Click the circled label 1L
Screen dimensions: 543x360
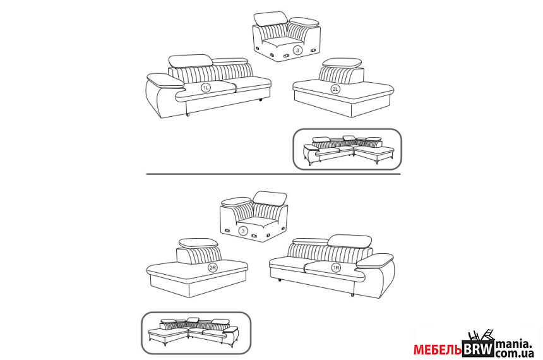[x=206, y=88]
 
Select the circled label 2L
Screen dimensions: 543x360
[x=335, y=90]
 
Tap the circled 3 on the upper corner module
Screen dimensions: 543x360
[x=297, y=51]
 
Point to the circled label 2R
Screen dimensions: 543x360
[x=213, y=268]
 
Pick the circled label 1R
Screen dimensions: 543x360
[x=336, y=268]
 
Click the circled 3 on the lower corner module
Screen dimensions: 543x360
[x=243, y=231]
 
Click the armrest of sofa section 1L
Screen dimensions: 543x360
[x=165, y=80]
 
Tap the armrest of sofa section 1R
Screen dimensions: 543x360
[x=374, y=261]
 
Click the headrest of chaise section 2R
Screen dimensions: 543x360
[x=198, y=243]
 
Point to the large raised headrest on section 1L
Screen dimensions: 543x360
[x=190, y=61]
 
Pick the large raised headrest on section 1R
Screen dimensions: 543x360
[x=350, y=241]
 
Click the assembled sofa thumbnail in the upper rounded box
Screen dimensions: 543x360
[x=348, y=149]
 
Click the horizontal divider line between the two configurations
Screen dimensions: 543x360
[x=273, y=174]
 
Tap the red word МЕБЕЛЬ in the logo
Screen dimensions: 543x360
[x=438, y=350]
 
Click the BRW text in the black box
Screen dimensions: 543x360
[x=478, y=349]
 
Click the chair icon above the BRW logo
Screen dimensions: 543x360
[x=480, y=335]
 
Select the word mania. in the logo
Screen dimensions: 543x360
[x=513, y=344]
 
